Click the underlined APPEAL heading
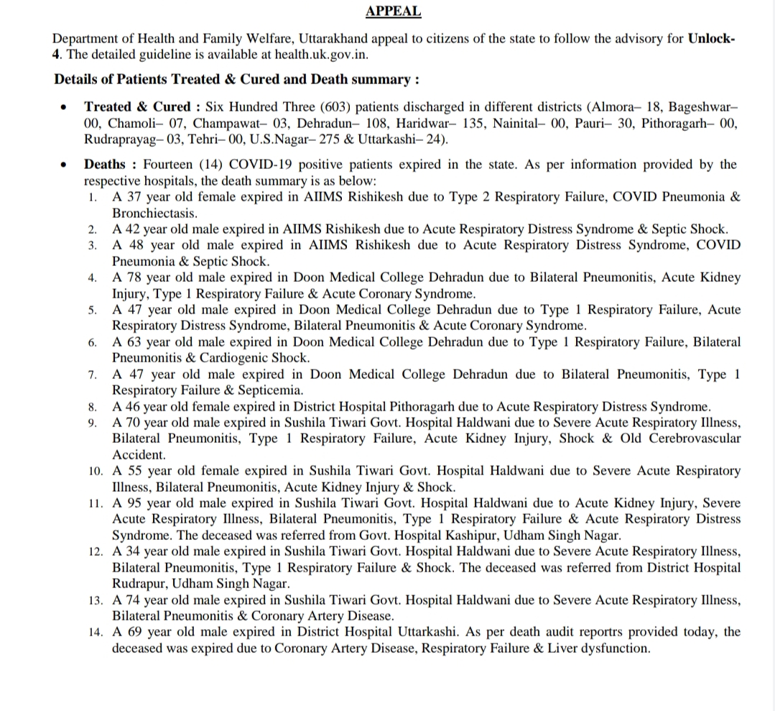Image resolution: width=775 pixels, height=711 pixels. coord(393,11)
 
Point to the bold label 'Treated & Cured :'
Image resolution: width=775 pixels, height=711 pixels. coord(142,106)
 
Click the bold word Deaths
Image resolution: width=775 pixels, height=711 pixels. coord(106,165)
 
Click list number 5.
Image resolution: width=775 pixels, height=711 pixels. coord(93,311)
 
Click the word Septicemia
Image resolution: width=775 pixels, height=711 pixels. coord(265,390)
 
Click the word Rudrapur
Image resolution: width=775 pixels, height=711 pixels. coord(136,584)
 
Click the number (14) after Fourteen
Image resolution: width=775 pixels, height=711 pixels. coord(211,165)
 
